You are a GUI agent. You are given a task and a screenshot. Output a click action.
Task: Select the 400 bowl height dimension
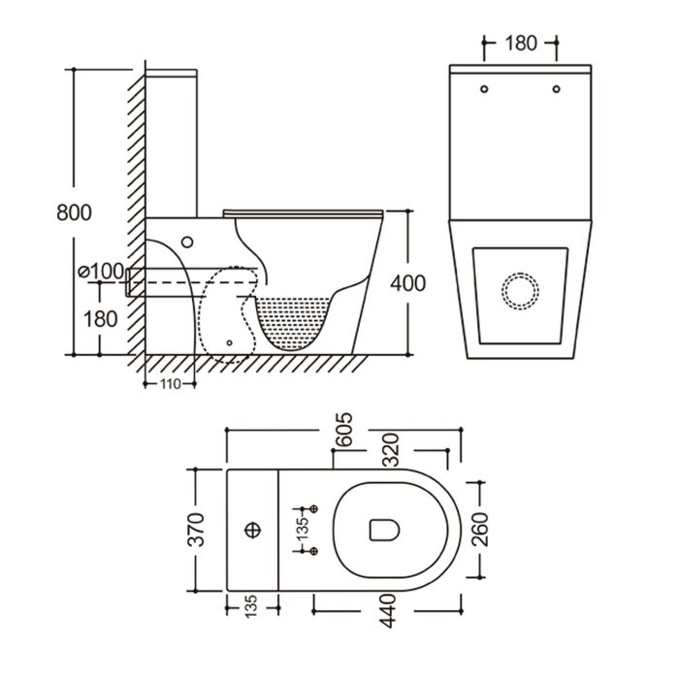407,283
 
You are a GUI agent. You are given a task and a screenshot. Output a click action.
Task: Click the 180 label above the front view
521,43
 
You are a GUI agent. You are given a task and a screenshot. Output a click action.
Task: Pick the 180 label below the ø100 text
100,317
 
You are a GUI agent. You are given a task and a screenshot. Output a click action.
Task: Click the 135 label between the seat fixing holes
303,530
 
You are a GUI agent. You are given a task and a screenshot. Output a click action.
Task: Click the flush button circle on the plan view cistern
254,530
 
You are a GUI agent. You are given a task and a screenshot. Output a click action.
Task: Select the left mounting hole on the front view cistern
482,89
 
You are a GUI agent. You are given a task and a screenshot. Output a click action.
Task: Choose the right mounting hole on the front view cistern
556,89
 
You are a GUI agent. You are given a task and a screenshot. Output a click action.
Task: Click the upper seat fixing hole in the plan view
313,509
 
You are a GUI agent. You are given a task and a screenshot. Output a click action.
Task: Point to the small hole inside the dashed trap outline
228,341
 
